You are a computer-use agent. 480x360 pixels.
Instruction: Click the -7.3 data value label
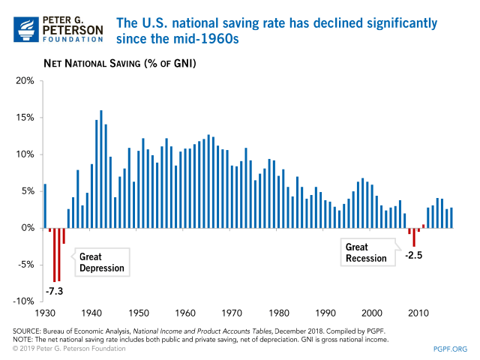(54, 290)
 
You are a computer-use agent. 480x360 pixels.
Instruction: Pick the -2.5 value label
(415, 256)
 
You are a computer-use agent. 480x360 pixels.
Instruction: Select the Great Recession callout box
(367, 253)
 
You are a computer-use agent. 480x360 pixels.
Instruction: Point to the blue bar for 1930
(45, 205)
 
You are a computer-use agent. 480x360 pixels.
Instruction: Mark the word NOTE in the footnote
(22, 339)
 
